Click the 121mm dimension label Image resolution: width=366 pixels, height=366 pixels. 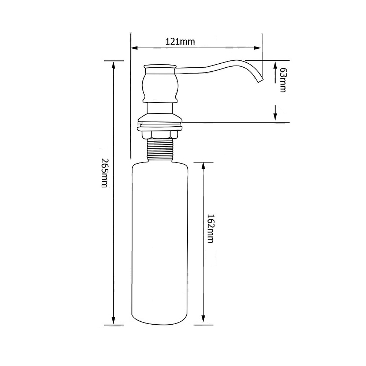click(x=180, y=42)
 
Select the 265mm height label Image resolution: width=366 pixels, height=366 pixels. click(x=104, y=173)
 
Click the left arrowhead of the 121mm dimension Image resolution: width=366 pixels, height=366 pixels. click(x=134, y=48)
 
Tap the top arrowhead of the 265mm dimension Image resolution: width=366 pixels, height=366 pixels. click(x=114, y=65)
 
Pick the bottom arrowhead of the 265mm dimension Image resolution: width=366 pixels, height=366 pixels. click(x=114, y=321)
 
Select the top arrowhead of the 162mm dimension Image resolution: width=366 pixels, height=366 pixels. click(x=203, y=166)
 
